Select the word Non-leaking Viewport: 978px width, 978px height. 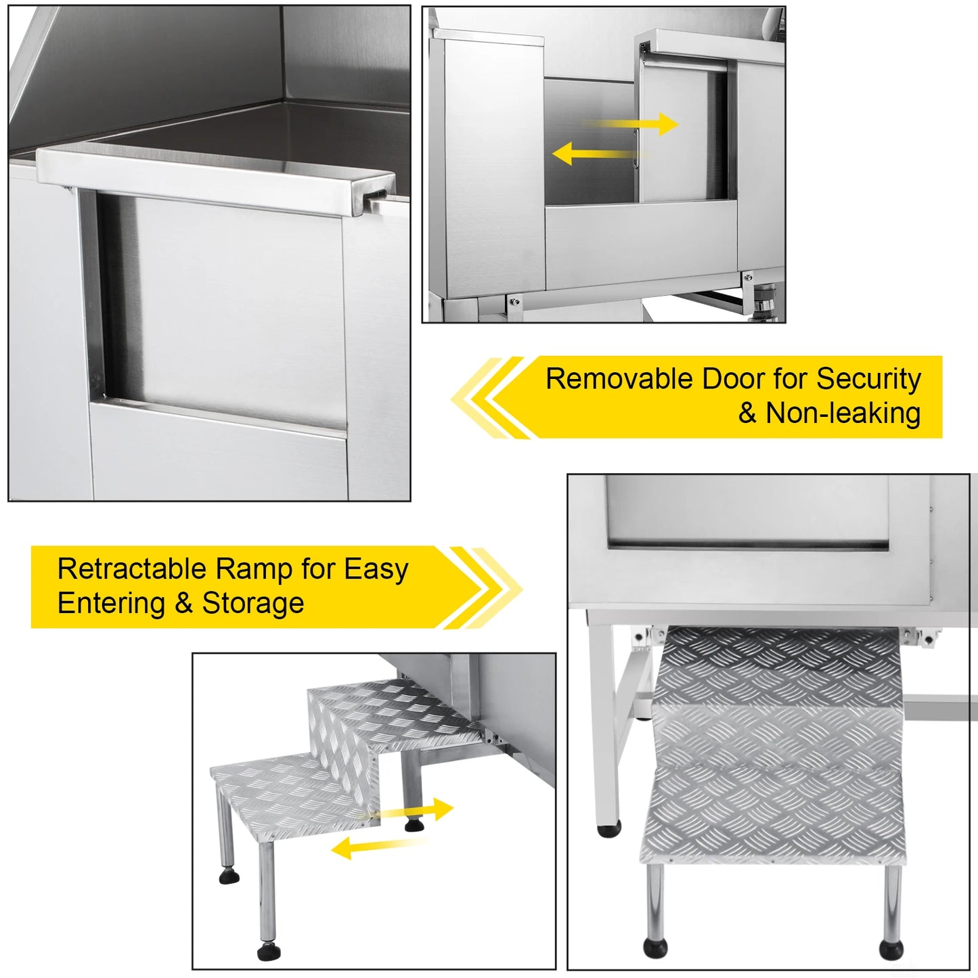point(843,413)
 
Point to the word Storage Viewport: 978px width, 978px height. point(252,604)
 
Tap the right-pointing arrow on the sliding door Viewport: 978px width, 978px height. point(630,124)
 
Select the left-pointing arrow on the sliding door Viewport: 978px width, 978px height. point(599,154)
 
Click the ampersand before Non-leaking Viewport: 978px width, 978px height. point(748,413)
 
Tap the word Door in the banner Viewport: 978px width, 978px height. point(732,379)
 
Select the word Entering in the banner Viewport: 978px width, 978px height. point(111,604)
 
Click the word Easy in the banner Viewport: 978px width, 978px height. point(376,570)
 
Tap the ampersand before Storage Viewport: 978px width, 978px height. point(183,604)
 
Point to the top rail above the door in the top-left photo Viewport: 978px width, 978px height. point(216,181)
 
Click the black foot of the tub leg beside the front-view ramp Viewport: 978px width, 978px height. point(609,830)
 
